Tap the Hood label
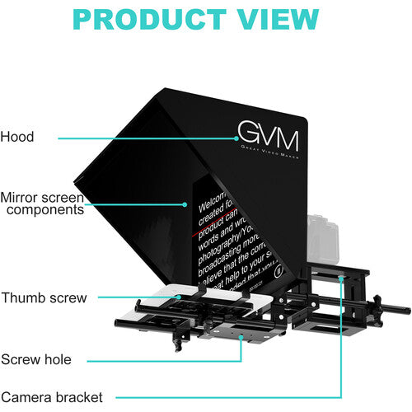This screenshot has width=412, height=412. coord(17,137)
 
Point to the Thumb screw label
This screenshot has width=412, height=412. coord(43,297)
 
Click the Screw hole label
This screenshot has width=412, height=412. coord(35,359)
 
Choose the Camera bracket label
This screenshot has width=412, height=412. coord(51,397)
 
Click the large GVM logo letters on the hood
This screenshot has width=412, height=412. coord(267,134)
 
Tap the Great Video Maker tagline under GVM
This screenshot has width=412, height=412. coord(269,154)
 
